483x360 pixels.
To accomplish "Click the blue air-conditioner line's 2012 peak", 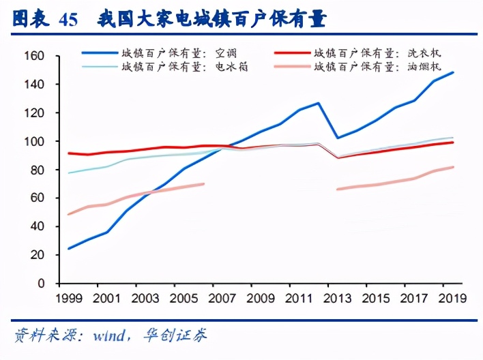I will click(x=319, y=103).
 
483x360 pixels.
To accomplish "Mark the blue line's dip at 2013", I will click(x=338, y=138).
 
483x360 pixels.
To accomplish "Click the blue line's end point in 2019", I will click(x=454, y=72).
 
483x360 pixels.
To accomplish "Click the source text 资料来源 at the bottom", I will click(x=41, y=335).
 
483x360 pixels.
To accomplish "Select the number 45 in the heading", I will click(x=68, y=19).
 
